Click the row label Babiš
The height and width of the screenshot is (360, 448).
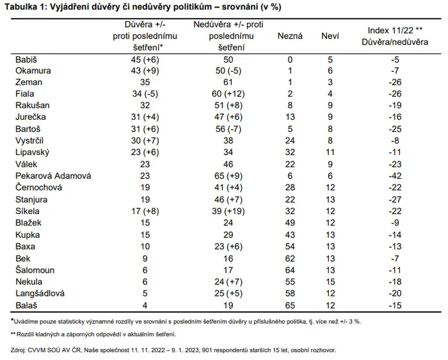coord(26,60)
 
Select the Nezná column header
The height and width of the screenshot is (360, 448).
coord(290,36)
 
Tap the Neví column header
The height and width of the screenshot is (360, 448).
coord(330,36)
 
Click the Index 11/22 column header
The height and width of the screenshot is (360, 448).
coord(395,36)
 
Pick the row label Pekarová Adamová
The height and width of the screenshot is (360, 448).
coord(53,176)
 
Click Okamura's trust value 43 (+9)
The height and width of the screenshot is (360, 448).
coord(145,71)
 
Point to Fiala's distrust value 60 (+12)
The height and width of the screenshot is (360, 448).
coord(228,94)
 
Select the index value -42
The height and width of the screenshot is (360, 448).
coord(395,176)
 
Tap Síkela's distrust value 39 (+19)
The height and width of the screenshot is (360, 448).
coord(228,211)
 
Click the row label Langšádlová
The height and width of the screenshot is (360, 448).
coord(40,293)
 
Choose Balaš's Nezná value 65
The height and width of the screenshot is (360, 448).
coord(290,306)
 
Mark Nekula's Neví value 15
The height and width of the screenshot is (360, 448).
coord(330,282)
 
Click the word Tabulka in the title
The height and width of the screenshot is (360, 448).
coord(20,7)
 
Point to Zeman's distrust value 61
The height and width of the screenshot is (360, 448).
coord(228,83)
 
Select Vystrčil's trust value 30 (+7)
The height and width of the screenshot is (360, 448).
coord(145,141)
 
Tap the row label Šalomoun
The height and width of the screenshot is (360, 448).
coord(35,270)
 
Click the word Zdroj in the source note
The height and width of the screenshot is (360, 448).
coord(18,350)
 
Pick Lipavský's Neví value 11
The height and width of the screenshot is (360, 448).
coord(330,152)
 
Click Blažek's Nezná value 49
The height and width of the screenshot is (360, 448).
coord(290,223)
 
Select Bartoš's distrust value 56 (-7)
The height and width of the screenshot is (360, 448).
coord(228,129)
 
